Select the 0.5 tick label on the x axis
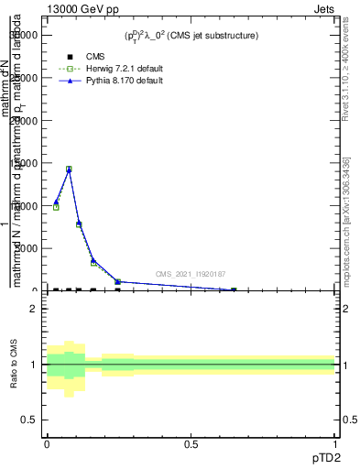[x=191, y=442]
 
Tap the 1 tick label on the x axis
[x=335, y=442]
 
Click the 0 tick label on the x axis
[x=47, y=442]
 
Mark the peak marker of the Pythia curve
[x=69, y=169]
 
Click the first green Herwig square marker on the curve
[x=56, y=207]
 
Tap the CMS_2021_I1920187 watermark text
[x=190, y=274]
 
